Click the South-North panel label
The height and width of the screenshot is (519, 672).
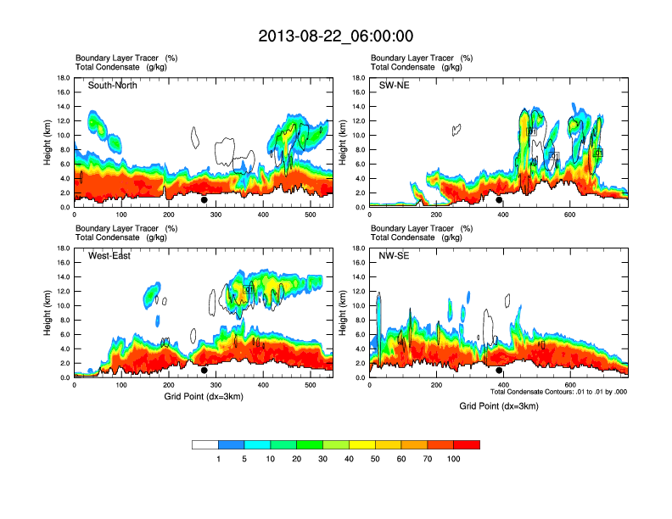click(x=113, y=86)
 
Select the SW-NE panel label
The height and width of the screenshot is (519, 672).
click(x=394, y=86)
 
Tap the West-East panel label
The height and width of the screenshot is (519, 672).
click(x=109, y=256)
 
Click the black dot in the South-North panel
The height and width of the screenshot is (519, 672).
click(x=204, y=200)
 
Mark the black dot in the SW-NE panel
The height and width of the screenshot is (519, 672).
click(x=499, y=200)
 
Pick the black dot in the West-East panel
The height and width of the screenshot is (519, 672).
click(x=204, y=371)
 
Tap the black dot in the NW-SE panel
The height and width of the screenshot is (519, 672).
click(x=499, y=371)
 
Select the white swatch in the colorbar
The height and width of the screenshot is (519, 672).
click(x=205, y=444)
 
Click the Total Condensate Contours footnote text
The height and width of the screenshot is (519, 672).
click(x=558, y=392)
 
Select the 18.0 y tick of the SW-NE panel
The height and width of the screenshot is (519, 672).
click(x=361, y=78)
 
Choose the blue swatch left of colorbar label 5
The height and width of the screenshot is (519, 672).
click(x=232, y=444)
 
